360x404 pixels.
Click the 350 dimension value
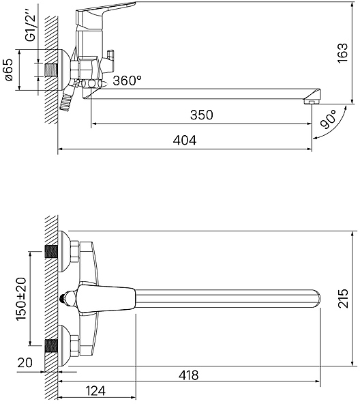[x=202, y=115]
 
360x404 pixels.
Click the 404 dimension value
[x=185, y=141]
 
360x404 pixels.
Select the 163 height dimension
[x=342, y=53]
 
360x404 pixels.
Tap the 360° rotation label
[x=127, y=81]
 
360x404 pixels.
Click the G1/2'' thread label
[x=31, y=28]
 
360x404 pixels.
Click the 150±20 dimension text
[x=21, y=299]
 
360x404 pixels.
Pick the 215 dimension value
[x=343, y=299]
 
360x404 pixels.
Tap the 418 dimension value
[x=189, y=375]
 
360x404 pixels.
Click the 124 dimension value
[x=95, y=391]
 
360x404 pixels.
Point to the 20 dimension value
[x=25, y=362]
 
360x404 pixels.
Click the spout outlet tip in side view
[x=312, y=102]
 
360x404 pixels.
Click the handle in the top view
[x=106, y=299]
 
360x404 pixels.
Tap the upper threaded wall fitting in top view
[x=51, y=251]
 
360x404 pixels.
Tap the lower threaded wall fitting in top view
[x=51, y=346]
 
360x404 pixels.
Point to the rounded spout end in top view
[x=317, y=299]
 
